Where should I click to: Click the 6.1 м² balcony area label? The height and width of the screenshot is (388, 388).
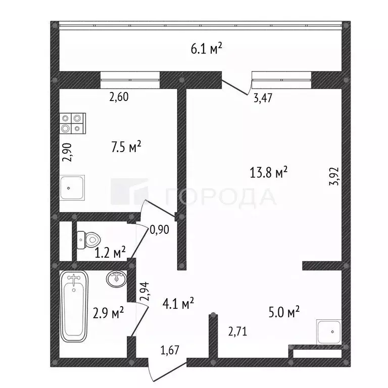point(206,48)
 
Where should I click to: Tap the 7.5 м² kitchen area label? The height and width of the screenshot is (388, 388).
point(126,147)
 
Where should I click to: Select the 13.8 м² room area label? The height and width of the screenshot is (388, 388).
point(268,172)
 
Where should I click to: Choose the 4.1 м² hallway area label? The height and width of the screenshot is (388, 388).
point(178,303)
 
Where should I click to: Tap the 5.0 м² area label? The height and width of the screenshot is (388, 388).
point(284,312)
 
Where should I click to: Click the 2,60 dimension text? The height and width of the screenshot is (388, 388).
point(119,97)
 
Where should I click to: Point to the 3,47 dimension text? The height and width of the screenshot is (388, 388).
point(263,98)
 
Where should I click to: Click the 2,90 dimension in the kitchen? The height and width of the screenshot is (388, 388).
point(67,153)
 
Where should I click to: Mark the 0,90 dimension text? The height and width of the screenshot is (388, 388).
point(160,230)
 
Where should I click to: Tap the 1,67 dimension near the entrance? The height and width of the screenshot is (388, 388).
point(170,350)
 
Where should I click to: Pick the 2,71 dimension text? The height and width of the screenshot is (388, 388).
point(237,331)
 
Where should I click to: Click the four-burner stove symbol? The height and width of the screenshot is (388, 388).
point(73,123)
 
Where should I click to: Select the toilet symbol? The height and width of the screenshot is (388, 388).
point(88,240)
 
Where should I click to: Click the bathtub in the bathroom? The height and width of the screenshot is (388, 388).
point(74,306)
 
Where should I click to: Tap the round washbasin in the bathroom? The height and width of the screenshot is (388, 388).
point(116,279)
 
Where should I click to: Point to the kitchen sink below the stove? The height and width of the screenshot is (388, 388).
point(72,187)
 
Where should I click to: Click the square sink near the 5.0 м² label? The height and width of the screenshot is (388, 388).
point(329,332)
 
